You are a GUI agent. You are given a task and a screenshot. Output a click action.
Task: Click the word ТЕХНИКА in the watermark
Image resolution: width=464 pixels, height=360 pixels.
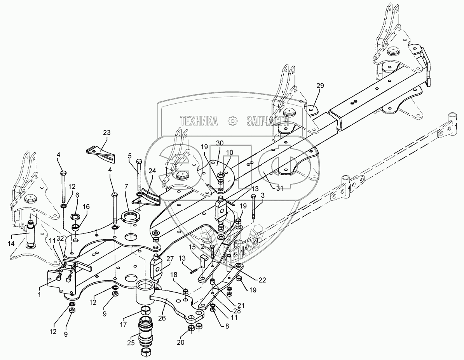point(199,121)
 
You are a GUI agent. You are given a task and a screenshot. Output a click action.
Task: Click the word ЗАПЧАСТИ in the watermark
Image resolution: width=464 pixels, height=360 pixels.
point(268,121)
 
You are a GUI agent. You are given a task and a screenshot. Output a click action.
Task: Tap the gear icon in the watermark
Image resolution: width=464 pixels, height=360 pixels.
point(232,121)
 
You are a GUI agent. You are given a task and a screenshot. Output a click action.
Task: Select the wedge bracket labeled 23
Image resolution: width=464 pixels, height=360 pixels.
point(102,154)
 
